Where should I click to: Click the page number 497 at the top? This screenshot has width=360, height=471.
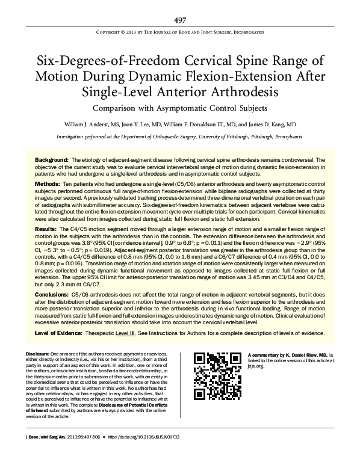pos(180,20)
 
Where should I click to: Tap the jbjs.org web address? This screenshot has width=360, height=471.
pos(254,365)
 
